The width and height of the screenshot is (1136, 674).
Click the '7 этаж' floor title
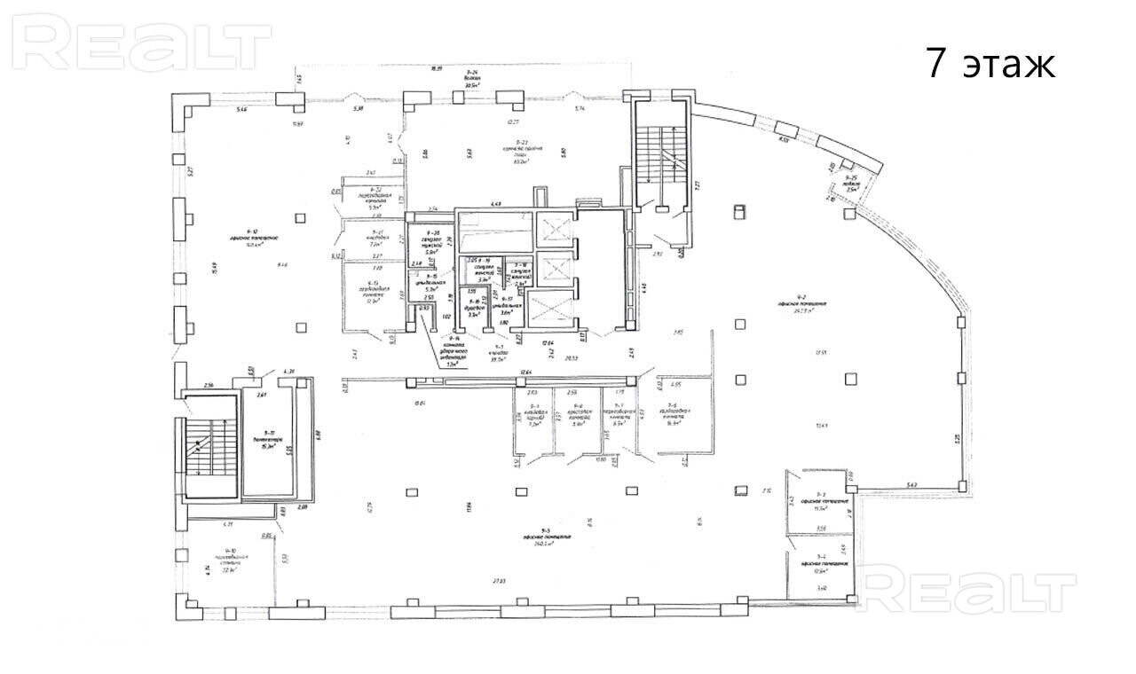click(x=990, y=64)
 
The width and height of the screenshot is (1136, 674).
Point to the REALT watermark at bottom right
click(x=968, y=591)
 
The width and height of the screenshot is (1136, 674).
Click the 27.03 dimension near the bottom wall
click(x=498, y=582)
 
